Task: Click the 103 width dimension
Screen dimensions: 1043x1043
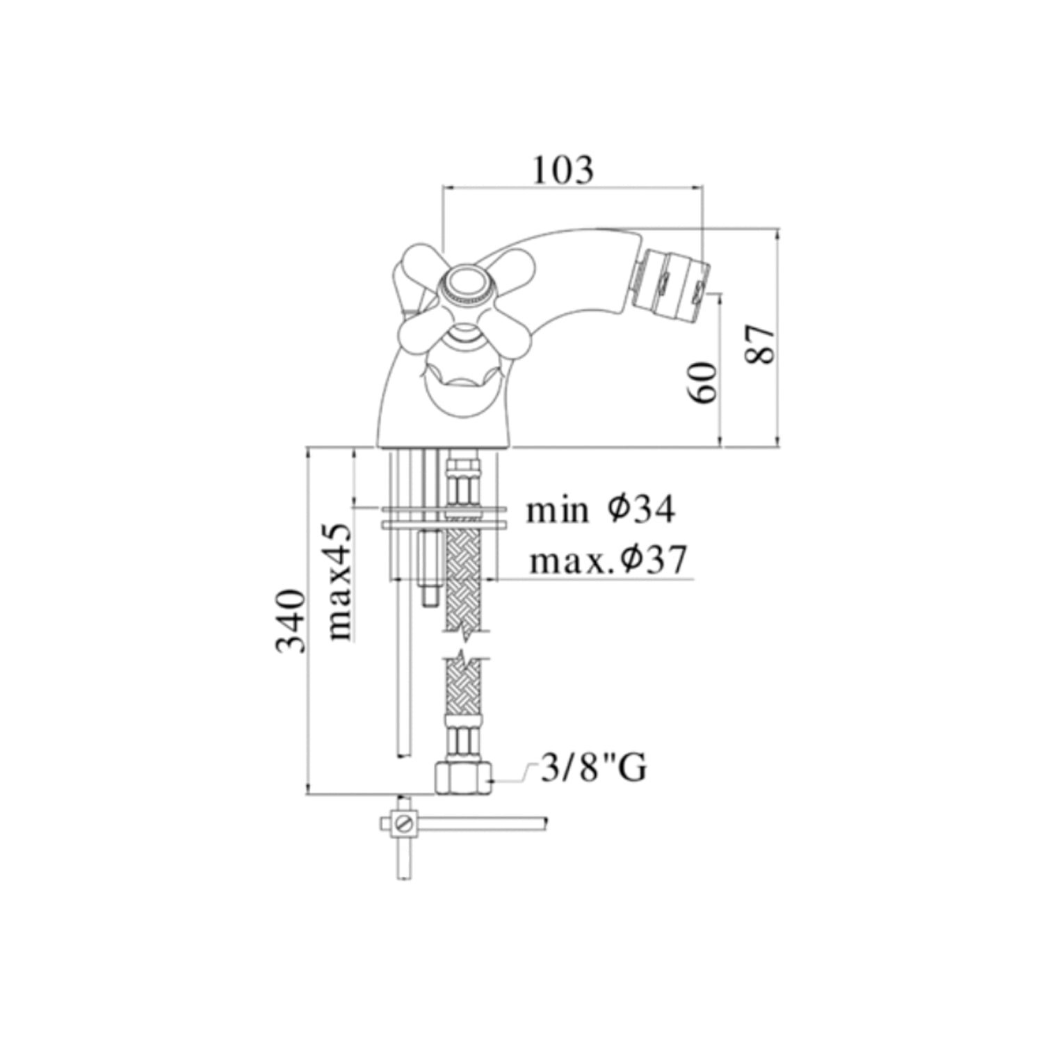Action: (563, 170)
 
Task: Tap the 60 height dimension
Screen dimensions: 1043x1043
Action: (704, 382)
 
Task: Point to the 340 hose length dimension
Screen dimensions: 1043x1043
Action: (291, 621)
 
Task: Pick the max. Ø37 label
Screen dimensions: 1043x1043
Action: (608, 560)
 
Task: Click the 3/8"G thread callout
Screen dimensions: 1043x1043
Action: (594, 768)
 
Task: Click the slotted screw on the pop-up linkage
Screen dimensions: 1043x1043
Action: (404, 824)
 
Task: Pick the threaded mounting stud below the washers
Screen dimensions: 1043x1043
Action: (428, 563)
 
